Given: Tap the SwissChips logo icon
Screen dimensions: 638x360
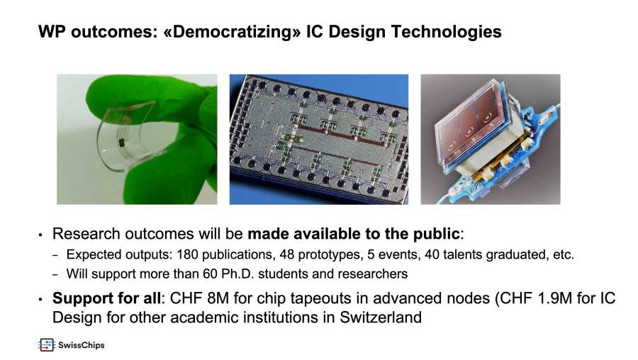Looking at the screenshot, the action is click(x=46, y=345).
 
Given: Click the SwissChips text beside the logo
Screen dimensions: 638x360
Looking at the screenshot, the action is click(x=82, y=345).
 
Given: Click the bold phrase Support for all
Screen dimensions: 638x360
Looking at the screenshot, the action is click(x=106, y=298).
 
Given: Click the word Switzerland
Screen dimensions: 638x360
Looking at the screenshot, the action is click(x=381, y=317).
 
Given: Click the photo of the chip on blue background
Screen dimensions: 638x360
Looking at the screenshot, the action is click(x=319, y=139).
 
